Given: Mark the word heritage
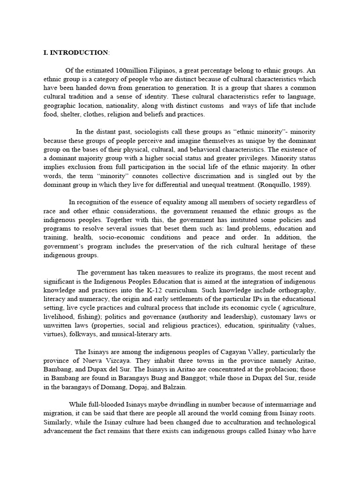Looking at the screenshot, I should pos(278,247).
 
